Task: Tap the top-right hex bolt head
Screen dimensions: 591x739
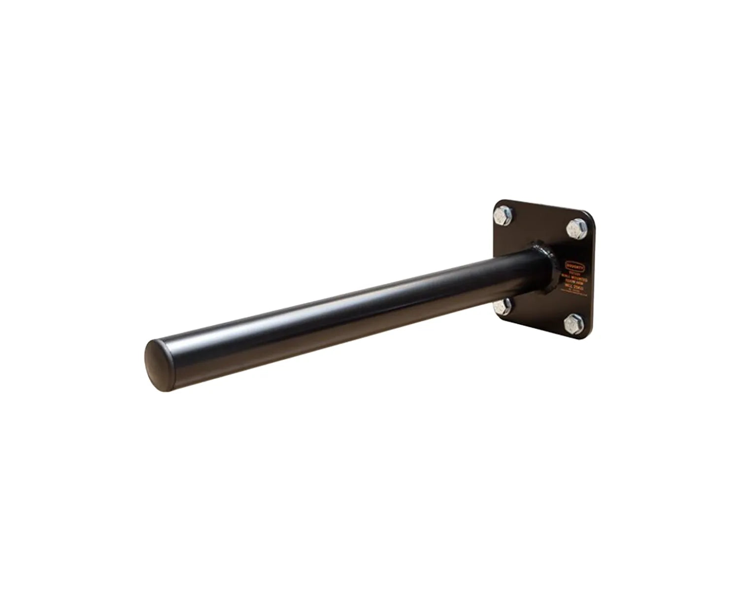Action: click(x=575, y=228)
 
